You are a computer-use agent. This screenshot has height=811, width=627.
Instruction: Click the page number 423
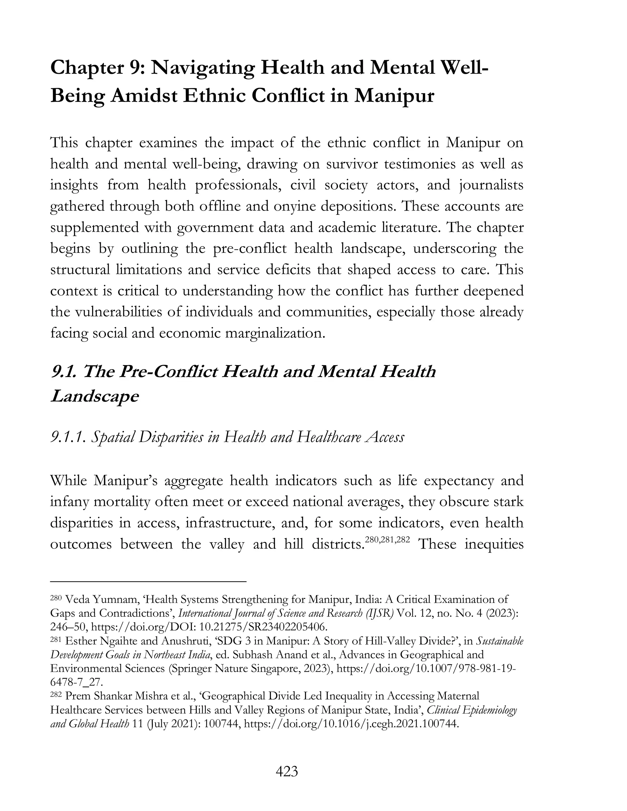click(287, 772)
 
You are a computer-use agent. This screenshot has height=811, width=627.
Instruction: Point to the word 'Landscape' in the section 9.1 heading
click(94, 397)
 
